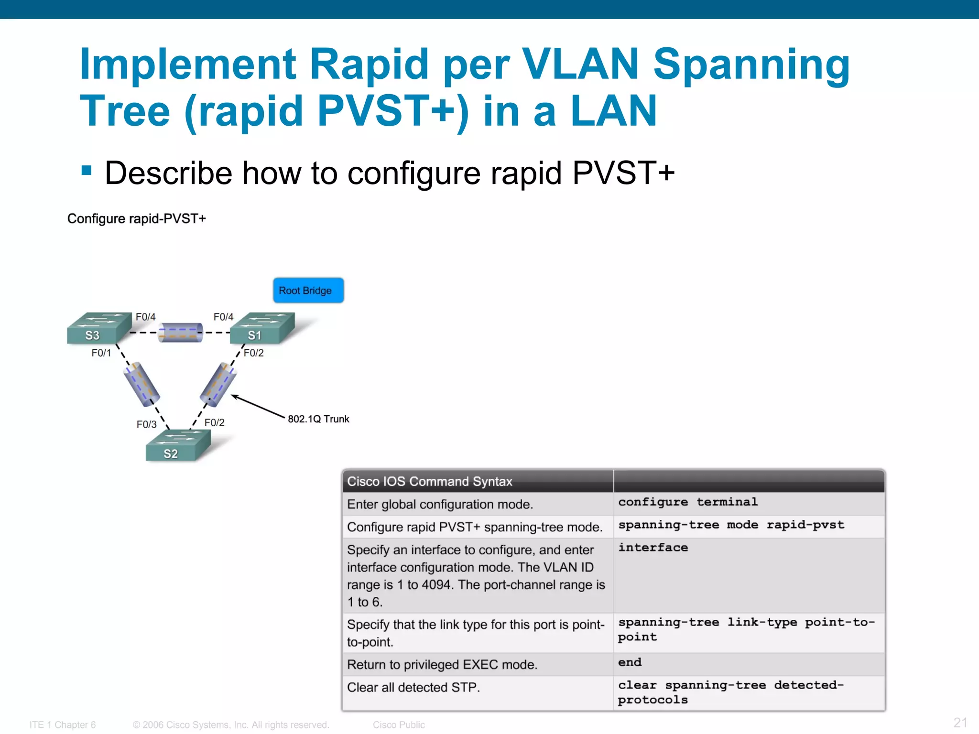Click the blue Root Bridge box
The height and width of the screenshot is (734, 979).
(308, 290)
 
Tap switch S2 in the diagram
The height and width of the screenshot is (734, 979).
(177, 446)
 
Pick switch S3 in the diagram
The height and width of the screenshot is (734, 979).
(98, 329)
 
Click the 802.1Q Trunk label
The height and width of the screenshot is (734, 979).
(318, 419)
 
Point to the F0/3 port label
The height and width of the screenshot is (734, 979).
(146, 424)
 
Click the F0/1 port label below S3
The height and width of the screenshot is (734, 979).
(101, 353)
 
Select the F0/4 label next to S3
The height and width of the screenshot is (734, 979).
(145, 317)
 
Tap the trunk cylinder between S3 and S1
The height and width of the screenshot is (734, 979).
(181, 333)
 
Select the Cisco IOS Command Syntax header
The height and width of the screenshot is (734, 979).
(429, 481)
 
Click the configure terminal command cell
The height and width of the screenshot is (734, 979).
(688, 502)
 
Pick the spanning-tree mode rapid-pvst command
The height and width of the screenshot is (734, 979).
(731, 525)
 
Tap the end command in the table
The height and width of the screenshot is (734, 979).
(630, 663)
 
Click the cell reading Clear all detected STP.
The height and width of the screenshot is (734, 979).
(413, 688)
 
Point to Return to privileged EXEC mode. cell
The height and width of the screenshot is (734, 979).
(442, 665)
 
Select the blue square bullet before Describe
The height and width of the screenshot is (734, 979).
(87, 171)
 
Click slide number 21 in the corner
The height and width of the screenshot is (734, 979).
(960, 723)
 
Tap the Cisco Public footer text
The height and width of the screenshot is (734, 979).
(399, 725)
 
